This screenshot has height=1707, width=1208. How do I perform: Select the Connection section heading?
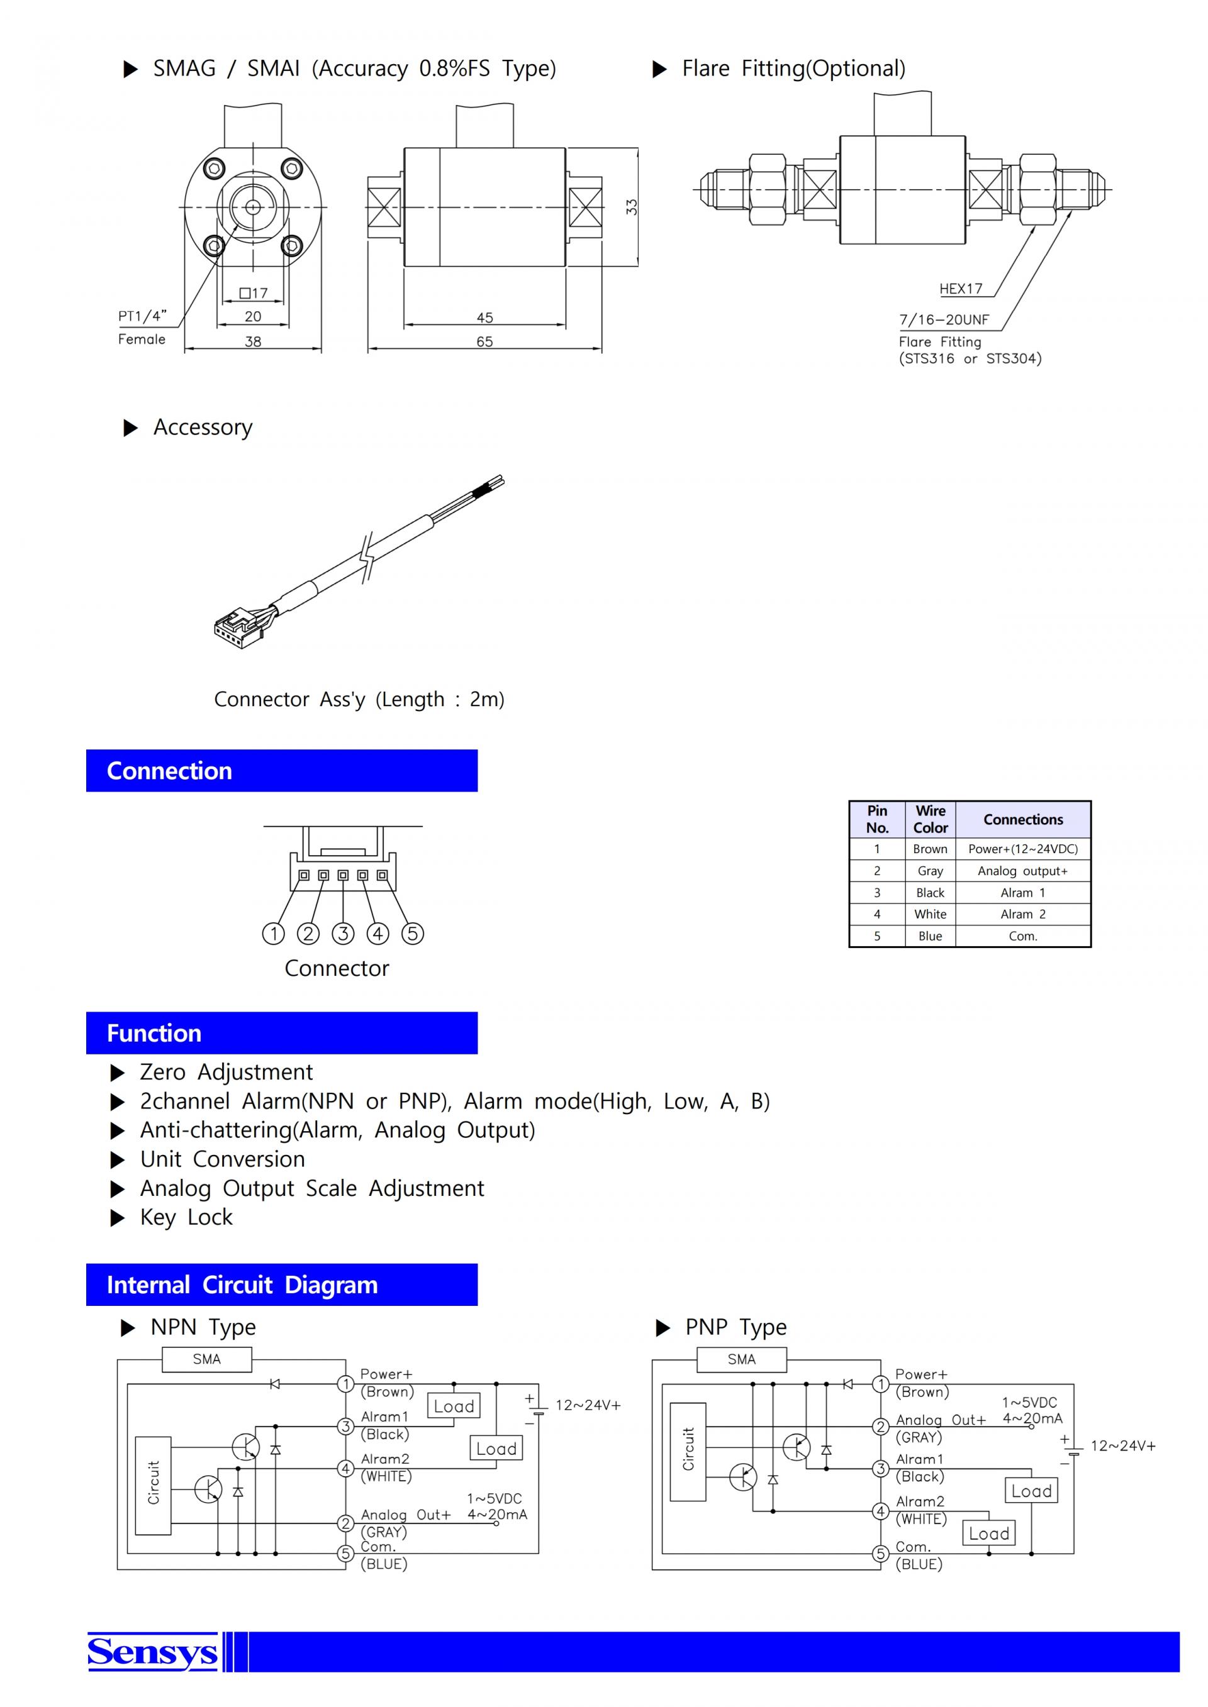170,771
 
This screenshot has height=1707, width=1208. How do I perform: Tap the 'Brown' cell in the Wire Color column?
930,849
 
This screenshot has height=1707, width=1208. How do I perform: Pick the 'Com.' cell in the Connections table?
1023,936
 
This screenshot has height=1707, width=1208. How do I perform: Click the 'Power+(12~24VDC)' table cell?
1023,849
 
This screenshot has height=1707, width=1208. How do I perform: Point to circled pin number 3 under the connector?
343,934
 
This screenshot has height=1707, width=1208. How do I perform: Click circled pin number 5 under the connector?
413,934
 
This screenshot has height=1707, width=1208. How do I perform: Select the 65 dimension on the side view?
484,342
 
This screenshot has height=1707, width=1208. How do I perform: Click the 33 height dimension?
632,207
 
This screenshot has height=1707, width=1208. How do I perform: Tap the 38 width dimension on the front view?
253,342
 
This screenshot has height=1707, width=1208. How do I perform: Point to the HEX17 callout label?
960,289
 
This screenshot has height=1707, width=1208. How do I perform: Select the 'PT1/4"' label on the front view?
142,317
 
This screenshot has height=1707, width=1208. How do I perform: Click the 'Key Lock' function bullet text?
186,1218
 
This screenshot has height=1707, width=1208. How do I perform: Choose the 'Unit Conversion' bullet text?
222,1160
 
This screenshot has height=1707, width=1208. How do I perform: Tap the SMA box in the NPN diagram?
207,1360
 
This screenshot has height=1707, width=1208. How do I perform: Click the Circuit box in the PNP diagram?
688,1451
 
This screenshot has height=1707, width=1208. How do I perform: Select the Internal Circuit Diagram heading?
242,1286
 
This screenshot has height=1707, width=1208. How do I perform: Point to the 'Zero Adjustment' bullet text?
226,1073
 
